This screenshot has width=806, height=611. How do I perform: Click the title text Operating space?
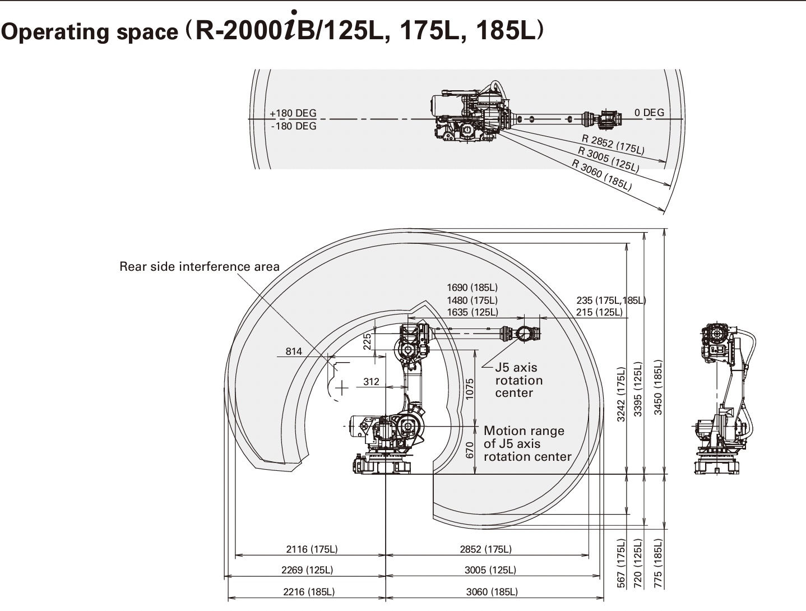(89, 32)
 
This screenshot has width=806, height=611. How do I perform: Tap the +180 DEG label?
(293, 113)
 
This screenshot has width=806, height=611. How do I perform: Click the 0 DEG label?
(649, 113)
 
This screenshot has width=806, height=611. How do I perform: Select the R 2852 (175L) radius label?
(613, 145)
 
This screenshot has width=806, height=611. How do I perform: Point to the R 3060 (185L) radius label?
(601, 175)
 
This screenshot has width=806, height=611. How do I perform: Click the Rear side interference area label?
(199, 267)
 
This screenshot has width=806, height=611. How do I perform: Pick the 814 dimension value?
(294, 351)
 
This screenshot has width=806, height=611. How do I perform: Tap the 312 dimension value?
(371, 382)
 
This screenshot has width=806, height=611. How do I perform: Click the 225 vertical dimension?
(367, 341)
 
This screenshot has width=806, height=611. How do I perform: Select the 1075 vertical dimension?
(470, 388)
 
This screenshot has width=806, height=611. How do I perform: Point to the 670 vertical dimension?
(470, 450)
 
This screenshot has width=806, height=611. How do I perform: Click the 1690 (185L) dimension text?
(472, 288)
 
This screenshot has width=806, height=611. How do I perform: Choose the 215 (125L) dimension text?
(599, 312)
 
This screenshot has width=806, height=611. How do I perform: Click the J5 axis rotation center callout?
(518, 380)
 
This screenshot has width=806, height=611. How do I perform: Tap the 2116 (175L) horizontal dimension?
(312, 549)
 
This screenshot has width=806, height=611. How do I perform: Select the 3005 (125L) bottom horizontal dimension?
(490, 570)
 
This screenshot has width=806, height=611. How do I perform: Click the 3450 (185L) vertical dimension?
(658, 387)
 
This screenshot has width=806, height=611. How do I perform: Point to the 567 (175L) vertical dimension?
(621, 563)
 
